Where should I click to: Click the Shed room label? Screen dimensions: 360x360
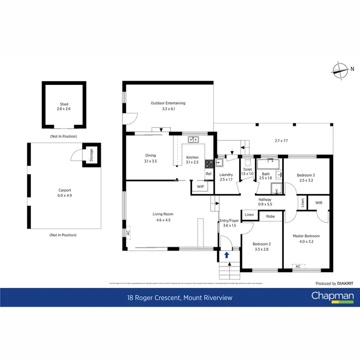click(x=64, y=104)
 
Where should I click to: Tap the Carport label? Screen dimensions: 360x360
click(x=64, y=190)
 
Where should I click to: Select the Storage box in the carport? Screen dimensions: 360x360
click(x=91, y=155)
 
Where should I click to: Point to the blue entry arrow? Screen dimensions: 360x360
click(x=226, y=255)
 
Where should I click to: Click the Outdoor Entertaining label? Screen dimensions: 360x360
click(x=168, y=103)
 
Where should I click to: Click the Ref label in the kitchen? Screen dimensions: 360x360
click(x=209, y=174)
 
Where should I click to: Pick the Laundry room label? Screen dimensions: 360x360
click(x=226, y=175)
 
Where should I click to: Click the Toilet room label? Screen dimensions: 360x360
click(x=248, y=169)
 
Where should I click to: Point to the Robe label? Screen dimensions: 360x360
click(x=271, y=216)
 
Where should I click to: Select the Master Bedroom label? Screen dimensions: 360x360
click(x=306, y=236)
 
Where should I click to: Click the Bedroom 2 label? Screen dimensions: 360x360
click(x=262, y=244)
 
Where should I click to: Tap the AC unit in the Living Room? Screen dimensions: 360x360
click(x=128, y=232)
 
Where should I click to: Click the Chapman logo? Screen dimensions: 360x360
click(x=333, y=296)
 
